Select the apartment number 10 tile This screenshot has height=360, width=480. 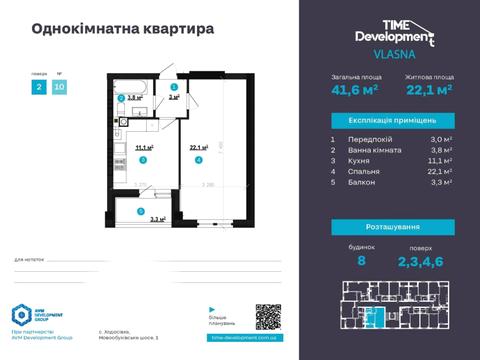[x=60, y=87]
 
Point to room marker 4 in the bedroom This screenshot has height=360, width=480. [x=199, y=159]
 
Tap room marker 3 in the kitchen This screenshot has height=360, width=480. [x=143, y=159]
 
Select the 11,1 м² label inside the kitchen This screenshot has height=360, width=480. [x=143, y=147]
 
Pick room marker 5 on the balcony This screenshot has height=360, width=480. [x=141, y=211]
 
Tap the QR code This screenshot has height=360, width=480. [x=269, y=317]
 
